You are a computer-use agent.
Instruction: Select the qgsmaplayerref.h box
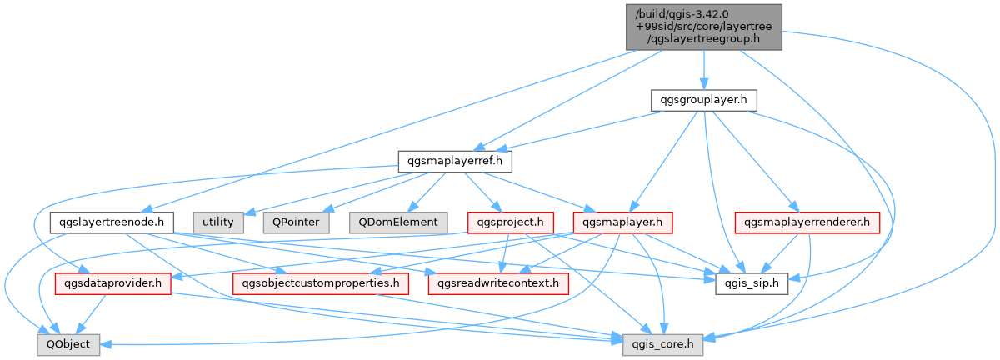pyautogui.click(x=454, y=159)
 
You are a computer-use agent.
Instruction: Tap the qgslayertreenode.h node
pyautogui.click(x=112, y=222)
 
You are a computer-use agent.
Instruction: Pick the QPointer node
pyautogui.click(x=295, y=222)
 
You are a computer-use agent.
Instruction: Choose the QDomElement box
pyautogui.click(x=397, y=222)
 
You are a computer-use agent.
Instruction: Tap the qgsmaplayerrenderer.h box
pyautogui.click(x=807, y=222)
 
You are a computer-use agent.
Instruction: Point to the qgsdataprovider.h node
pyautogui.click(x=112, y=283)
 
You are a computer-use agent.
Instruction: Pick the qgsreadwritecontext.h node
pyautogui.click(x=498, y=283)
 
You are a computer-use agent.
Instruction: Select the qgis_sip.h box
pyautogui.click(x=752, y=283)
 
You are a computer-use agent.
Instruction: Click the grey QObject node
pyautogui.click(x=68, y=343)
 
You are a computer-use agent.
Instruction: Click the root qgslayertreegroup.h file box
pyautogui.click(x=703, y=27)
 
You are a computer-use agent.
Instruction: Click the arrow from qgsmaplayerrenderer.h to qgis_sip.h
pyautogui.click(x=782, y=252)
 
